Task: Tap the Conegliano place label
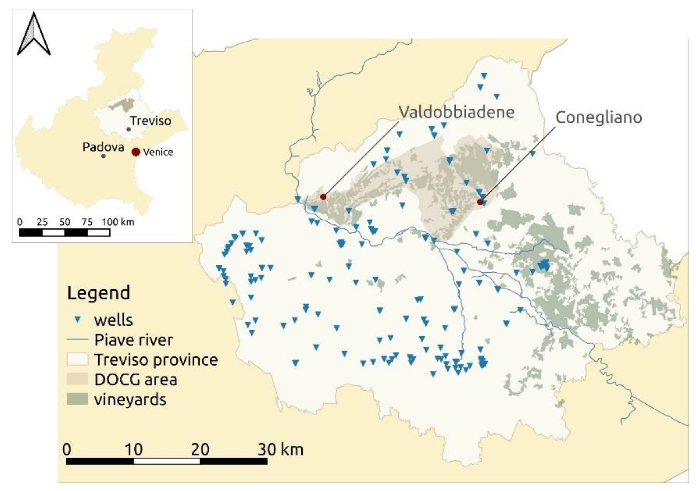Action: pos(598,117)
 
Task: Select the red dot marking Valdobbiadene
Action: pos(323,197)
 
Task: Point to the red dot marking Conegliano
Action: pos(480,202)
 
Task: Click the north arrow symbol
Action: pos(34,35)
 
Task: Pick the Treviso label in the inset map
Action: pos(151,121)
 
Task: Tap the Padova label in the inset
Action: pos(103,147)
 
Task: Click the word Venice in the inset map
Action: pos(158,152)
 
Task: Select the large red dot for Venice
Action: pos(136,152)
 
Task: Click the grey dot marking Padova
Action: pos(103,156)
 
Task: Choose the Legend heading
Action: pos(98,293)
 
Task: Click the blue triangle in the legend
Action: pos(78,320)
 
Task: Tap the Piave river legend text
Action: pos(133,340)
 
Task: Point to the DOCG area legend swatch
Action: pos(77,379)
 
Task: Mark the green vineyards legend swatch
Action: pos(77,399)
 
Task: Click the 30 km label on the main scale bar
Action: pos(280,449)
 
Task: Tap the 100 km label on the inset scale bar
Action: pos(118,222)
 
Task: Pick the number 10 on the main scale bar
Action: pos(133,449)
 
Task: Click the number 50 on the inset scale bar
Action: pos(65,222)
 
